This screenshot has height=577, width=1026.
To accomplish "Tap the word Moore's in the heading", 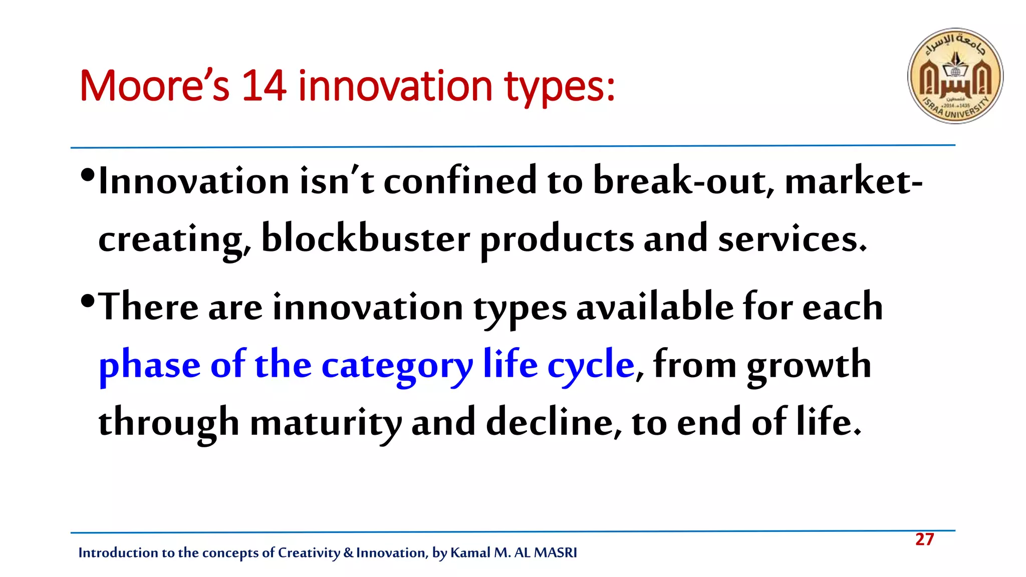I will (x=154, y=86).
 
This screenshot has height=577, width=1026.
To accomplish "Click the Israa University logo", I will (x=955, y=76).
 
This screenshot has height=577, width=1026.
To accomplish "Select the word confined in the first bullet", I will (x=460, y=181).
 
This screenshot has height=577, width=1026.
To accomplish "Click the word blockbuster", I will (x=365, y=239).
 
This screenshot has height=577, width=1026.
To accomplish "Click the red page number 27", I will (x=924, y=539).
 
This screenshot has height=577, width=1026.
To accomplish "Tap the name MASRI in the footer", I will (x=555, y=552).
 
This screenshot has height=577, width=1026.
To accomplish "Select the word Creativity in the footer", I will (x=309, y=553).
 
